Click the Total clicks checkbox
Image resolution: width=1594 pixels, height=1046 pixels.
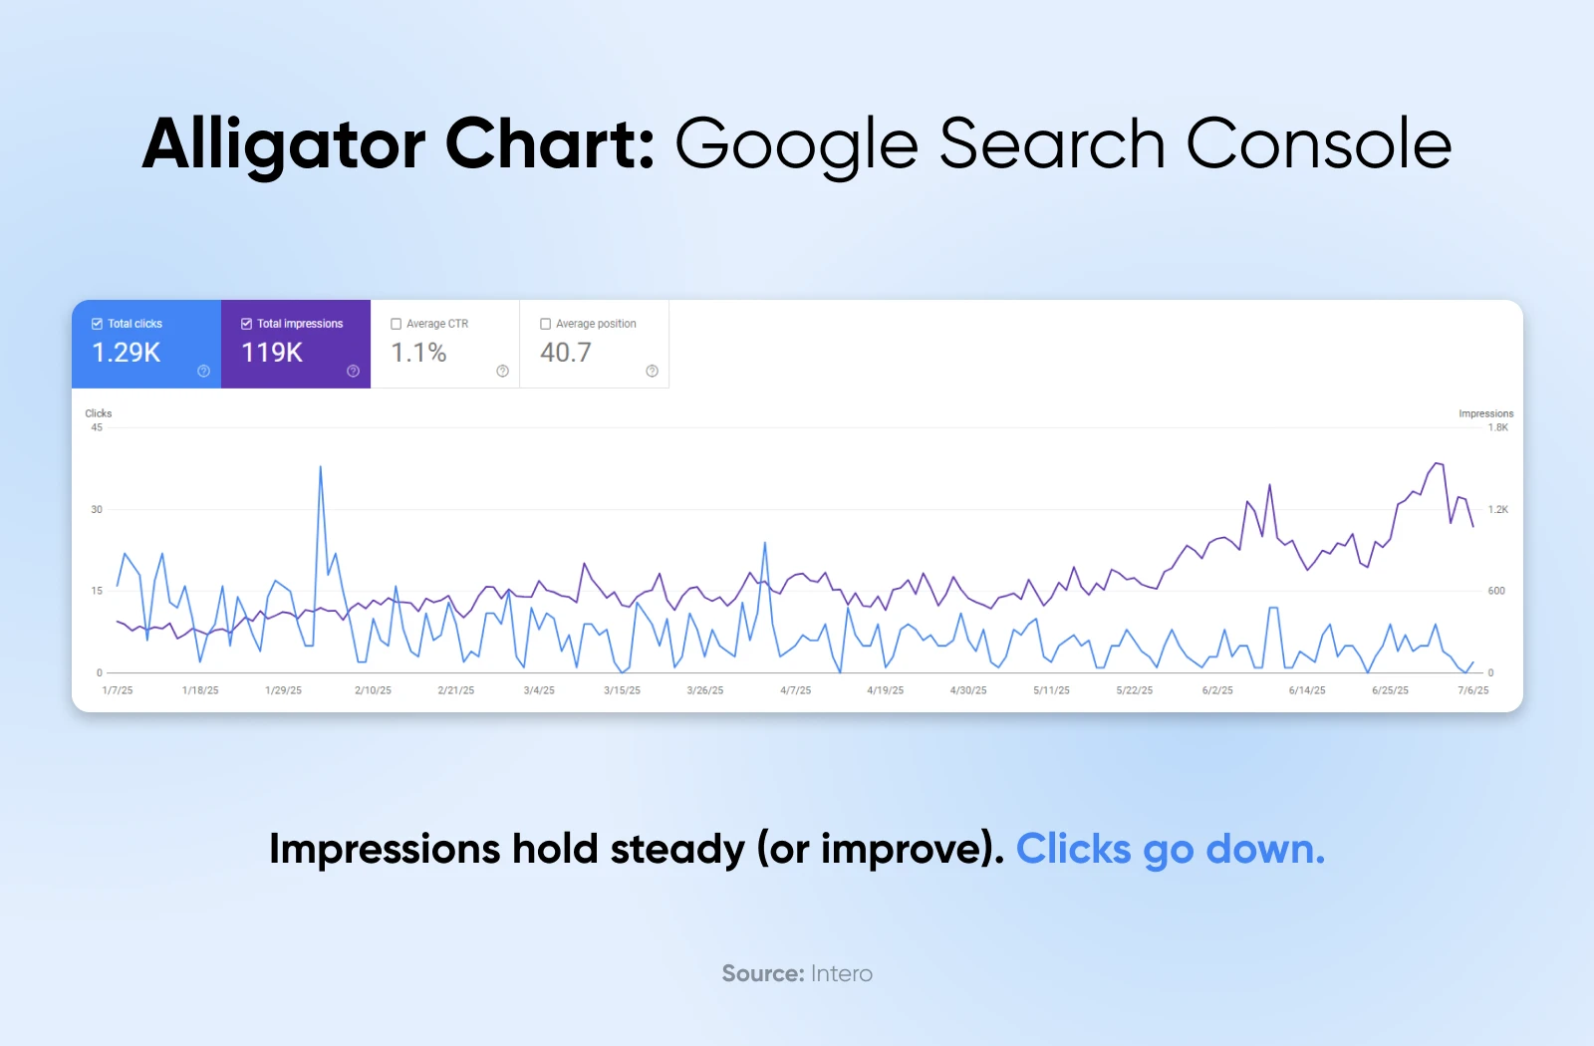[x=97, y=324]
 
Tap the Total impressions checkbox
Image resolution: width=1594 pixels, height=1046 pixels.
[x=246, y=324]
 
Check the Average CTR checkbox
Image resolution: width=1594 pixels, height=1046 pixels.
[x=396, y=324]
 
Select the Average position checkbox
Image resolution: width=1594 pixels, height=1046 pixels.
[x=545, y=324]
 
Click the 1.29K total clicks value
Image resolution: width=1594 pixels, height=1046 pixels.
[x=126, y=353]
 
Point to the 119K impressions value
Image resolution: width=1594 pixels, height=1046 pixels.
[x=272, y=353]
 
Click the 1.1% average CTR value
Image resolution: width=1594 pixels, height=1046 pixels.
[x=418, y=353]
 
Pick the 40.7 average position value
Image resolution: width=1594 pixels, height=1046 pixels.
[x=566, y=353]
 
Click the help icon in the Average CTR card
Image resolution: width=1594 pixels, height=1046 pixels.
[x=502, y=371]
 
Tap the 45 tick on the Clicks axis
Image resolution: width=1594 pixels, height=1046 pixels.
[x=97, y=427]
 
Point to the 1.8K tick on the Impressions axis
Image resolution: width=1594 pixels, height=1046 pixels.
[x=1498, y=427]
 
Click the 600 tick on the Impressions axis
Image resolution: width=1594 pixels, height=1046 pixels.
[x=1496, y=591]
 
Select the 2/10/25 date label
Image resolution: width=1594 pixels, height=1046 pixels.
[x=373, y=690]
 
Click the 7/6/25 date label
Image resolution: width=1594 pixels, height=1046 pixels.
[x=1473, y=690]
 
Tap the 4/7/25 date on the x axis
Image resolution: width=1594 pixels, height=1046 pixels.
[x=796, y=690]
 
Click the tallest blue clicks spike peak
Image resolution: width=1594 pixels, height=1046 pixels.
[x=320, y=467]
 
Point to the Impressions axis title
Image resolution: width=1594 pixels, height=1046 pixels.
[x=1485, y=413]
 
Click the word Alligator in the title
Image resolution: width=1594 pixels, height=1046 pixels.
[x=283, y=145]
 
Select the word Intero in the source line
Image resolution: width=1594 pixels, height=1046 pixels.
[x=841, y=973]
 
